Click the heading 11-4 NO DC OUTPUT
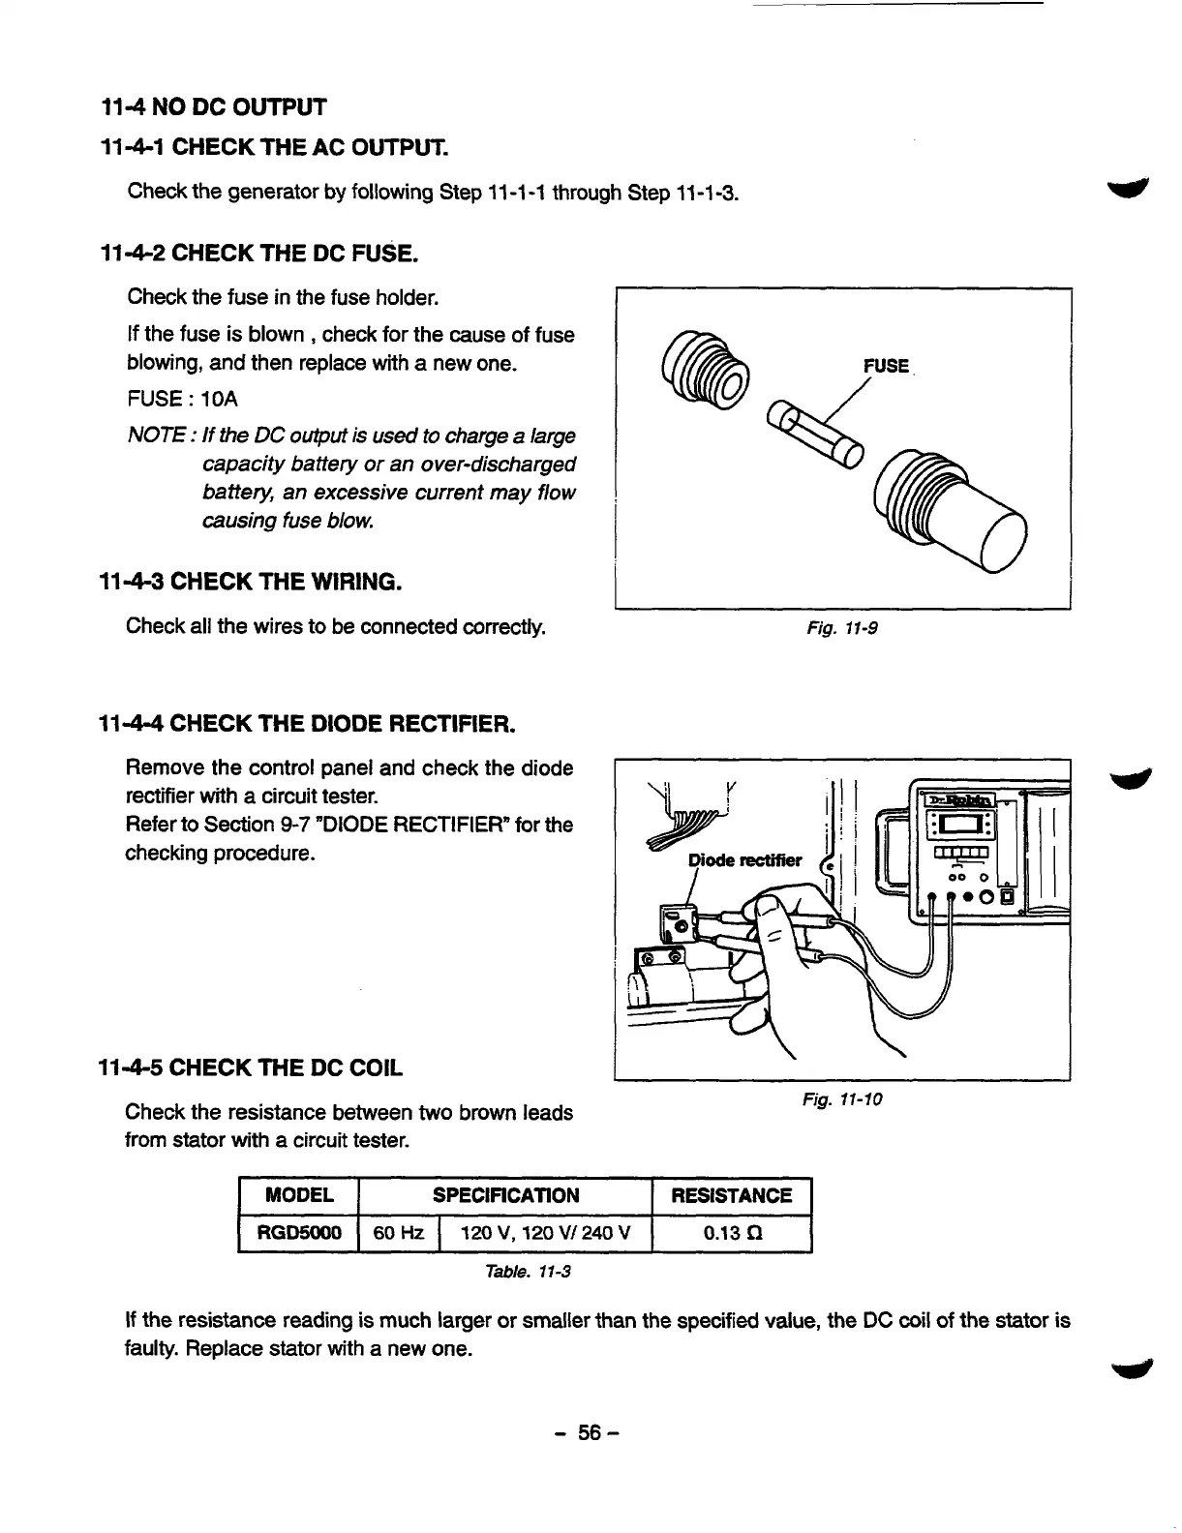[x=214, y=105]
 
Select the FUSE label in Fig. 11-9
[x=886, y=366]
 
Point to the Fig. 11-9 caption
[x=842, y=628]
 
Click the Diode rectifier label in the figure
[x=744, y=860]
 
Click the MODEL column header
[x=298, y=1195]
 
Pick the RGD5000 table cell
[x=298, y=1233]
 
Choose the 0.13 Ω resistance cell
[x=732, y=1233]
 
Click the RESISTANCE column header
[x=732, y=1195]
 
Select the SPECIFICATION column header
[x=505, y=1195]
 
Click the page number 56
[x=591, y=1432]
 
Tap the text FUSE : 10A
[x=182, y=399]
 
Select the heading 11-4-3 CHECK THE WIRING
[x=251, y=583]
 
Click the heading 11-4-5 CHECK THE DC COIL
[x=251, y=1068]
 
